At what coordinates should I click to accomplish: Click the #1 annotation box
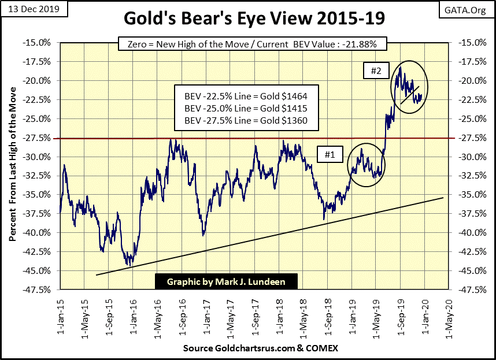[x=330, y=154]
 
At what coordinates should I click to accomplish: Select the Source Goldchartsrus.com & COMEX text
[x=260, y=348]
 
